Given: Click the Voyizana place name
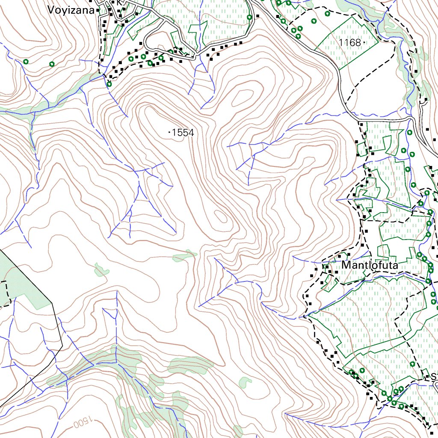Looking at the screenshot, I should pyautogui.click(x=71, y=10).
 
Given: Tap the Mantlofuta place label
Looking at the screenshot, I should pyautogui.click(x=370, y=266).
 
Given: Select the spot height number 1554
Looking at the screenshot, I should pyautogui.click(x=183, y=133).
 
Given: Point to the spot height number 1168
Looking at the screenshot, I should pyautogui.click(x=349, y=42).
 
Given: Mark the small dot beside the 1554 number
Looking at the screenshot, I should pyautogui.click(x=170, y=133).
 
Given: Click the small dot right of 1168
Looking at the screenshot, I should pyautogui.click(x=363, y=42).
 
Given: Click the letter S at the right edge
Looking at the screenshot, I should pyautogui.click(x=433, y=377).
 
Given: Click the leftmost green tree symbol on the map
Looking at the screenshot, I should pyautogui.click(x=26, y=61).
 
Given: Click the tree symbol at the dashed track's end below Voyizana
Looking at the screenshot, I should pyautogui.click(x=109, y=84).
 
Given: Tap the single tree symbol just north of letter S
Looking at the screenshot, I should pyautogui.click(x=412, y=364).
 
